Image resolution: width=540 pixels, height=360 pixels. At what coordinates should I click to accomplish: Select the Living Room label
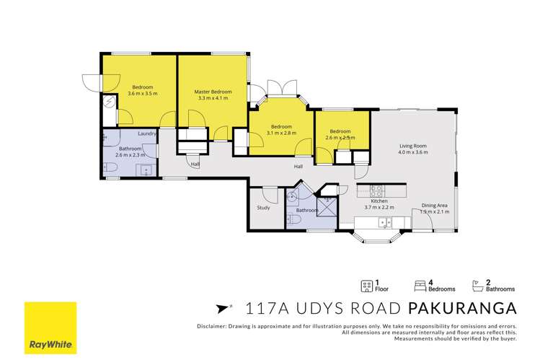pyautogui.click(x=414, y=146)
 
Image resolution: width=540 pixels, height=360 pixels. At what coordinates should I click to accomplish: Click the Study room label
pyautogui.click(x=263, y=208)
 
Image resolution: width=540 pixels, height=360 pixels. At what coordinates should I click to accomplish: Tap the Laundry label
pyautogui.click(x=148, y=133)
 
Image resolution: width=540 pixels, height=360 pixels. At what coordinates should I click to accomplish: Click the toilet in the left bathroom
pyautogui.click(x=110, y=169)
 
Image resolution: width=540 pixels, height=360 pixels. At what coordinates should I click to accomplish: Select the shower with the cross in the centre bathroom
pyautogui.click(x=327, y=204)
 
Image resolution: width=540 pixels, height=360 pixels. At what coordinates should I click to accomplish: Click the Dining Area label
pyautogui.click(x=435, y=206)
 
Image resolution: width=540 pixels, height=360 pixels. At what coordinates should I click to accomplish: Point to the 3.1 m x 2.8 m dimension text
pyautogui.click(x=281, y=133)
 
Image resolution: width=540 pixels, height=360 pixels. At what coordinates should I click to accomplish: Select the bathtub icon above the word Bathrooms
pyautogui.click(x=477, y=285)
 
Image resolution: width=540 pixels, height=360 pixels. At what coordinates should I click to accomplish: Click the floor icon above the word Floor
pyautogui.click(x=365, y=285)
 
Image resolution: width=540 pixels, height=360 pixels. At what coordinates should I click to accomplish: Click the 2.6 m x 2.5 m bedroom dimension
pyautogui.click(x=340, y=138)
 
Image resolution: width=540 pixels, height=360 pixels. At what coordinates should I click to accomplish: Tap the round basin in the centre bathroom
pyautogui.click(x=293, y=196)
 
